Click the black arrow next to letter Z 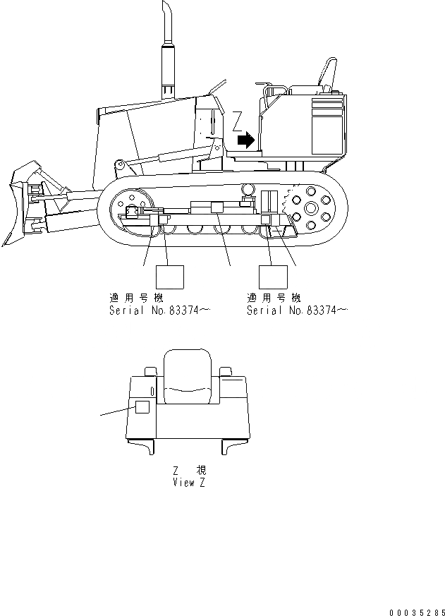(245, 140)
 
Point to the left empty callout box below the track (169, 276)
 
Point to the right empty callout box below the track (274, 276)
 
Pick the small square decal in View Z (142, 407)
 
